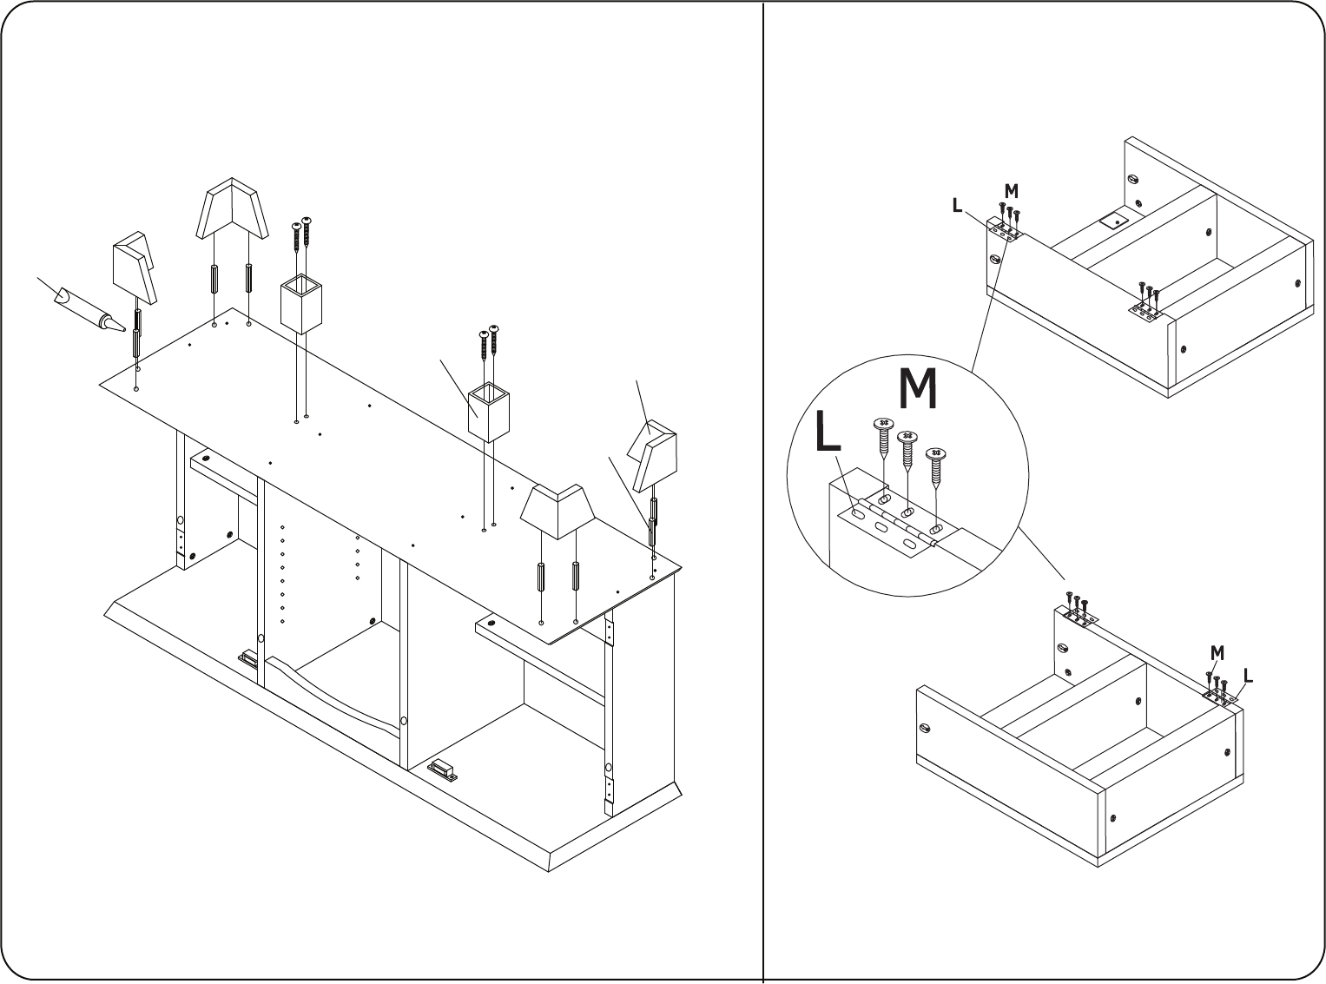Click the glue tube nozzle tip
point(124,330)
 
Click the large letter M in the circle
point(918,389)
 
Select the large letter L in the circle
point(828,430)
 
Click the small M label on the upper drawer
point(1011,191)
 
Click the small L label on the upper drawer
point(957,206)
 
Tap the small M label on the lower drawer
point(1217,653)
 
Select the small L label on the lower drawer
point(1249,676)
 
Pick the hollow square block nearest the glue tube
point(301,303)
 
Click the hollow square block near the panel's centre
point(488,412)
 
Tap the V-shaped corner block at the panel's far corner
point(232,208)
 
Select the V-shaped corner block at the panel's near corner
point(557,512)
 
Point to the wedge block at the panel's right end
point(652,455)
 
